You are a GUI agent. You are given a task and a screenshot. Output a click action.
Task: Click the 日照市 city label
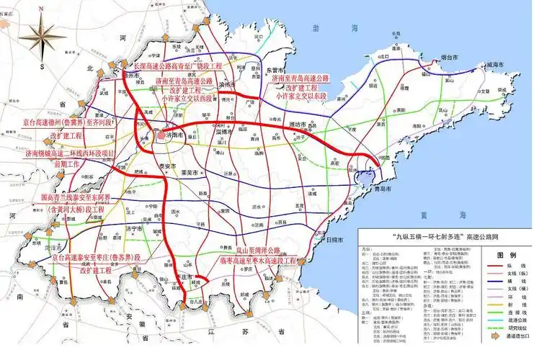tap(334, 240)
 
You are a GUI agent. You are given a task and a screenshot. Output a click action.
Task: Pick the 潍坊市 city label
tap(298, 125)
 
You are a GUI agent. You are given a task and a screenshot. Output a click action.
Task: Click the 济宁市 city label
tap(133, 228)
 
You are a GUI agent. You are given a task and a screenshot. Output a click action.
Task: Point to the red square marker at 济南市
tap(160, 134)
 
